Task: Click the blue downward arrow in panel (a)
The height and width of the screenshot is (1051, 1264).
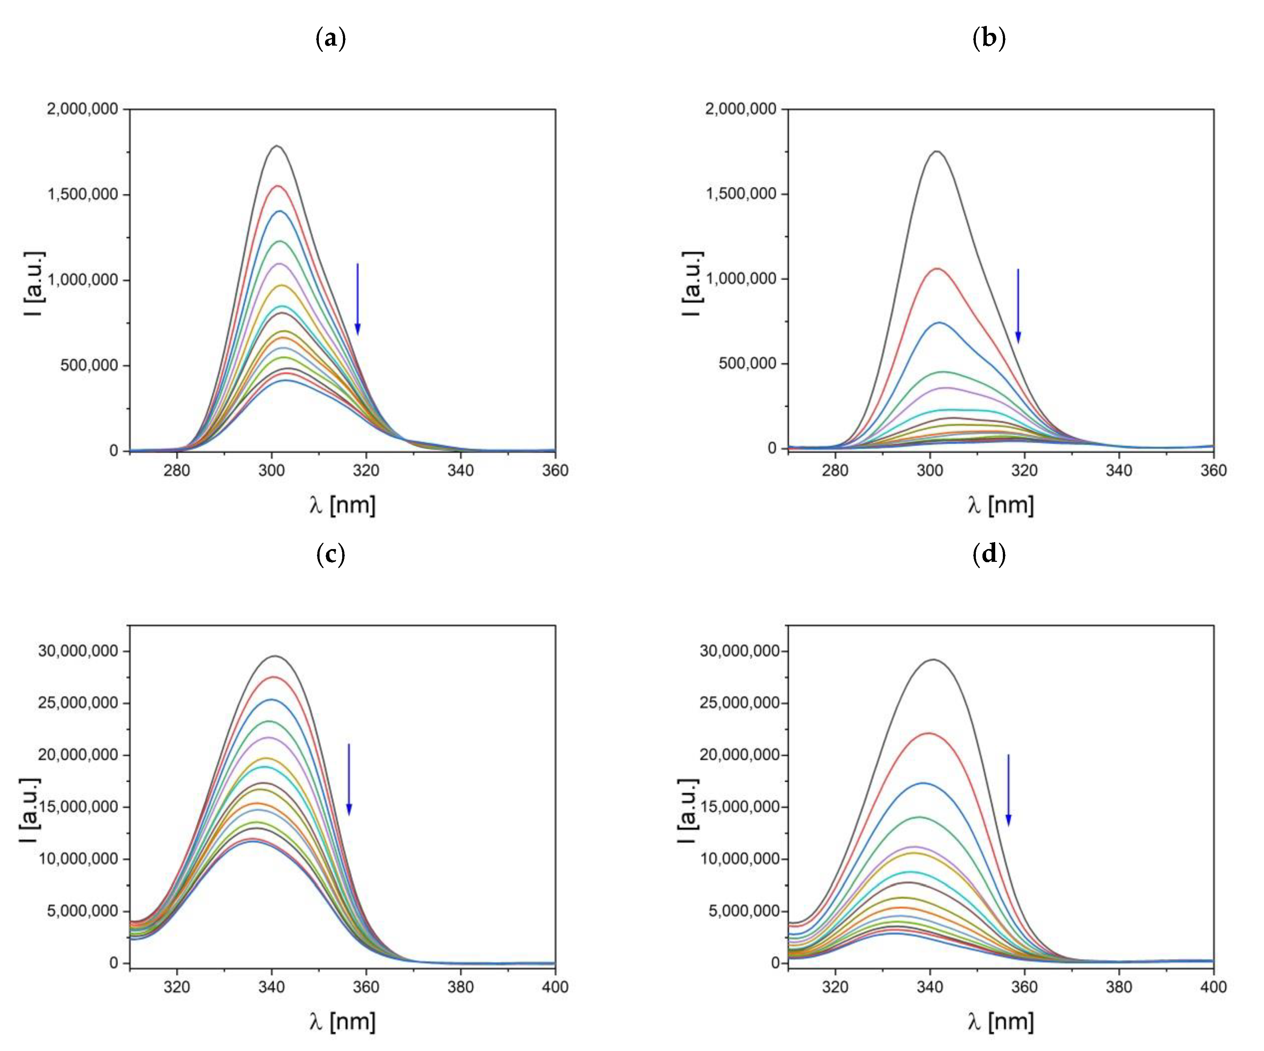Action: pos(358,299)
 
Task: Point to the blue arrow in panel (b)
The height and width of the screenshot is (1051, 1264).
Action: pos(1018,306)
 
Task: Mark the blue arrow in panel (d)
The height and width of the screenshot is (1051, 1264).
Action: pos(1009,790)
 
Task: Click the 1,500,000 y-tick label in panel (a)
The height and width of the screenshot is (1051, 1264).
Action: pos(83,195)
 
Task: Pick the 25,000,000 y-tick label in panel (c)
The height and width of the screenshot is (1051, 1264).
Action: pos(78,703)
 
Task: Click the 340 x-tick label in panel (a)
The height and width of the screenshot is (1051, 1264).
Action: pos(461,471)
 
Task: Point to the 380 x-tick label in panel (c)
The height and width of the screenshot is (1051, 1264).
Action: pos(461,987)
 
